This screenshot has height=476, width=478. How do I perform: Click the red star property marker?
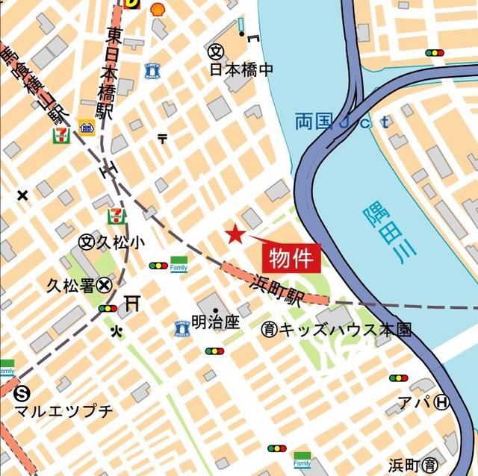coord(235,234)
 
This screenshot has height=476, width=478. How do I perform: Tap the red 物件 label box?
coord(291,258)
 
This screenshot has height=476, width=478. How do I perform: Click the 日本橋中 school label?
coord(241,69)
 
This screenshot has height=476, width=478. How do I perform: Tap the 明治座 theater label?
coord(215,323)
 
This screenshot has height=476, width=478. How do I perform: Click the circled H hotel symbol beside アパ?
coord(442,402)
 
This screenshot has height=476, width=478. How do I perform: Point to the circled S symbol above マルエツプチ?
coord(22,392)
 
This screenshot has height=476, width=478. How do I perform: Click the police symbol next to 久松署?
coord(105,284)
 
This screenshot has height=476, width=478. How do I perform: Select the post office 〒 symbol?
coord(163,137)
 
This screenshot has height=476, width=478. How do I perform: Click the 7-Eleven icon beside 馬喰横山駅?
coord(60,135)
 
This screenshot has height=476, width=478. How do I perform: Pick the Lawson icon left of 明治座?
coord(181,328)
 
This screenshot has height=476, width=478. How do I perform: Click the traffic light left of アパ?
coord(399,378)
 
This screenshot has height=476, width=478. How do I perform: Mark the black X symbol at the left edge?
coord(22,195)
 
